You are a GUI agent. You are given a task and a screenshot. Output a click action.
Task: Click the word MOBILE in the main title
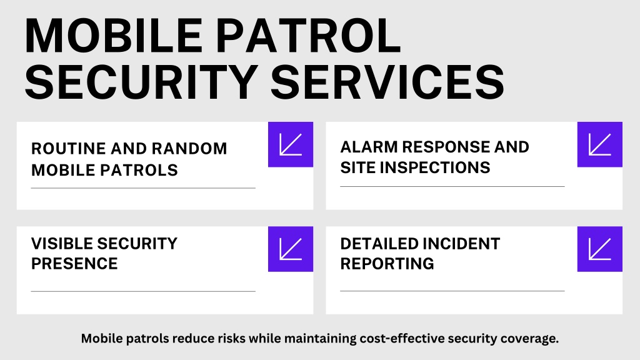(114, 36)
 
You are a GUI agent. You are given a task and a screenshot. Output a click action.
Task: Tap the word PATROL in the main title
(308, 36)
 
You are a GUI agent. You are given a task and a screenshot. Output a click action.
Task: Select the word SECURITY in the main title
(141, 82)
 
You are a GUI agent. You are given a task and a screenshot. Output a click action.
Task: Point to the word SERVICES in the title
(387, 82)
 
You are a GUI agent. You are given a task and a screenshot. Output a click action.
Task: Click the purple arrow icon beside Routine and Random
(291, 144)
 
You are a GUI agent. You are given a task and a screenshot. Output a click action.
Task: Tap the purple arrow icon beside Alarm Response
(600, 144)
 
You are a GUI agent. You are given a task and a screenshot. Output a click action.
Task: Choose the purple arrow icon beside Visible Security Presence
(291, 249)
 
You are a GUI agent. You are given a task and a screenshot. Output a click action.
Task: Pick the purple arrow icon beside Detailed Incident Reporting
(600, 249)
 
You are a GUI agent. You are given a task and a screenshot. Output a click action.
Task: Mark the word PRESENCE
(74, 264)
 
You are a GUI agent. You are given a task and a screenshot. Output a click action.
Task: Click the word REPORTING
(387, 264)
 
